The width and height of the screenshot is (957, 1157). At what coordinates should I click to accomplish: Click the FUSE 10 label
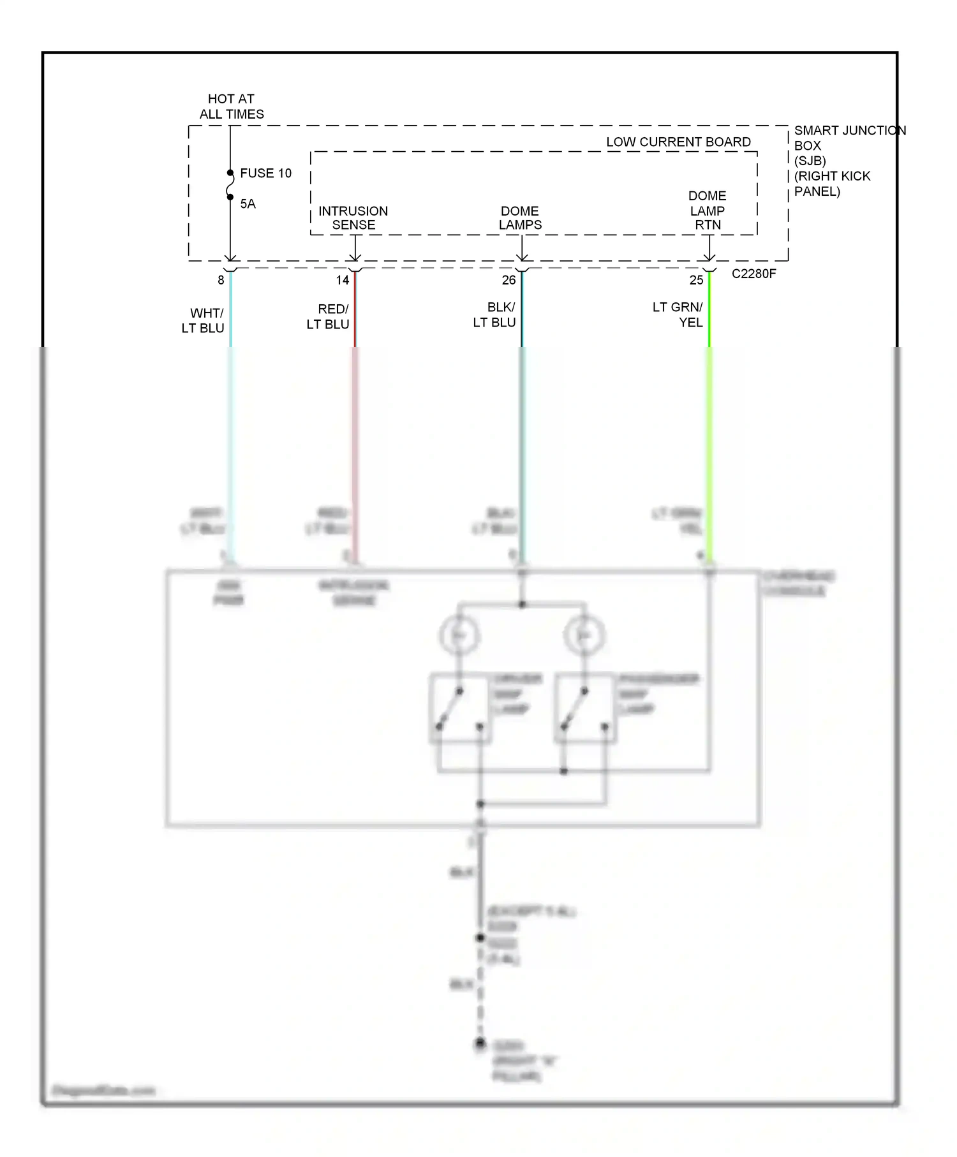(265, 173)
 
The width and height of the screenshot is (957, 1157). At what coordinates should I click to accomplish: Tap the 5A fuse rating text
(248, 204)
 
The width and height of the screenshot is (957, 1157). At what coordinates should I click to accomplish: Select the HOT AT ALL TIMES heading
(232, 107)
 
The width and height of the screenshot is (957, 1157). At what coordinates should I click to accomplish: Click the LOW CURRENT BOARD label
(678, 142)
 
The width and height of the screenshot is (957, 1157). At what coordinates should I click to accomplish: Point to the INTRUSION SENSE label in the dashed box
(353, 218)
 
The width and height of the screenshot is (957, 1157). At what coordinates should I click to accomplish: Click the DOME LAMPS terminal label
(520, 218)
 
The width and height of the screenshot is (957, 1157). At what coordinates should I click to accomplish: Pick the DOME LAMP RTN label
(707, 210)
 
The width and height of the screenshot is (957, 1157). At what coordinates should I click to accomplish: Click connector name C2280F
(753, 274)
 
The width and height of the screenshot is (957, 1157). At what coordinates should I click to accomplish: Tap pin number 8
(221, 280)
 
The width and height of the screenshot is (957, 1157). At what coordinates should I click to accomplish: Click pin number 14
(343, 280)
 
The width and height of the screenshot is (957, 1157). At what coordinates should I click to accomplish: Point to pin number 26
(508, 280)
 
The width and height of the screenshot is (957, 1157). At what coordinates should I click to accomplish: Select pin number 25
(696, 280)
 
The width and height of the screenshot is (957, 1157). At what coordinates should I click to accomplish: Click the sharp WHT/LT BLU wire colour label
(204, 321)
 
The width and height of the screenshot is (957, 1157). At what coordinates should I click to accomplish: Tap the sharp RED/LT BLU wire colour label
(328, 317)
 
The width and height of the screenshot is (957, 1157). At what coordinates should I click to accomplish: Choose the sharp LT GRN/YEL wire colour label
(678, 315)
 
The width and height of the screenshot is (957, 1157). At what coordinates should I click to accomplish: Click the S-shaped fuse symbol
(230, 185)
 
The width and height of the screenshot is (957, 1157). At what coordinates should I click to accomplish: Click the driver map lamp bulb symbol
(459, 635)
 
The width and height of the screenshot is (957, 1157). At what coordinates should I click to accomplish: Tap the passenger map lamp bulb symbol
(584, 635)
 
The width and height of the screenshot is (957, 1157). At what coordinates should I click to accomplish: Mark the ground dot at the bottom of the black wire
(480, 1043)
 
